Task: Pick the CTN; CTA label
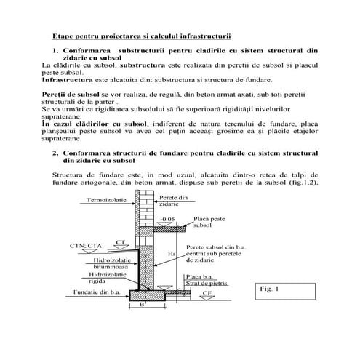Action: tap(86, 246)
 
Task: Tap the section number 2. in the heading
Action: tap(55, 153)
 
